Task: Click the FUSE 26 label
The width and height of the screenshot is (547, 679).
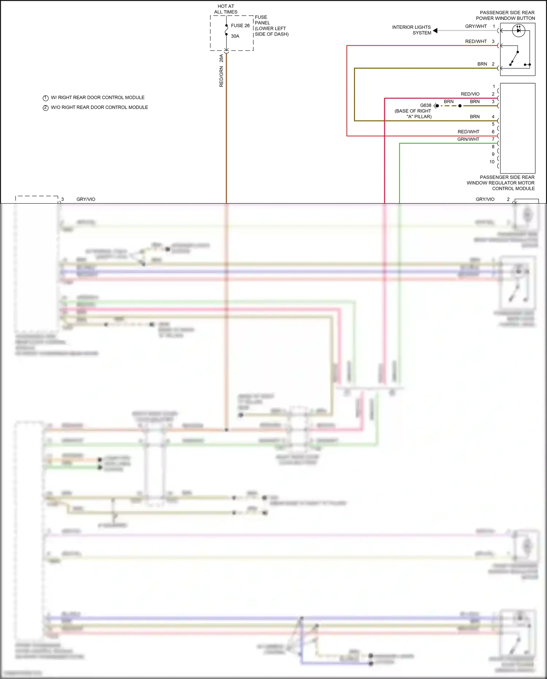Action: (240, 26)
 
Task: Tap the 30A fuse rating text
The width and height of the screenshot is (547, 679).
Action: (235, 36)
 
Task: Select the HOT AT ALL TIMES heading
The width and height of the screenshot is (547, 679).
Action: (226, 9)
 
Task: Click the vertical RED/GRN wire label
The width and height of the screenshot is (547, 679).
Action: (221, 77)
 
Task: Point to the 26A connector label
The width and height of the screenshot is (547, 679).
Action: (221, 58)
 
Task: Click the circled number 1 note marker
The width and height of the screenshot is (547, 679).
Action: (46, 98)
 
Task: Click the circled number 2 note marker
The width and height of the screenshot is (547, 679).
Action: (46, 108)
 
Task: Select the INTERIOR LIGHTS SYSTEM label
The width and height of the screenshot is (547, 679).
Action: (412, 30)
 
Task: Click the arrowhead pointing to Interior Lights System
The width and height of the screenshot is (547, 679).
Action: (435, 31)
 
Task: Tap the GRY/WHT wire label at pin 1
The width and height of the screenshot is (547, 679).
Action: (476, 26)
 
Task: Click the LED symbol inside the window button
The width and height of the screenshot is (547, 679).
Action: (519, 30)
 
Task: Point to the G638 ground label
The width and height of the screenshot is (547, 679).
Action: (425, 105)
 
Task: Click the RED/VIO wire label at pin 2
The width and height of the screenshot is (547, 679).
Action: (470, 94)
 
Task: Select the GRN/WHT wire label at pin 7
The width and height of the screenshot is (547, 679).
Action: (468, 139)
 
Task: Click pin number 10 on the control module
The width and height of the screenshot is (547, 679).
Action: (492, 162)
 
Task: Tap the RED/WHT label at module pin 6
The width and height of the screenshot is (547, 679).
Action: (469, 132)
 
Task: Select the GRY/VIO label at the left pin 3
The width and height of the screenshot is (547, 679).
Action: (86, 199)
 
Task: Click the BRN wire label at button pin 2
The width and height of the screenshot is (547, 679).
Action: (482, 64)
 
